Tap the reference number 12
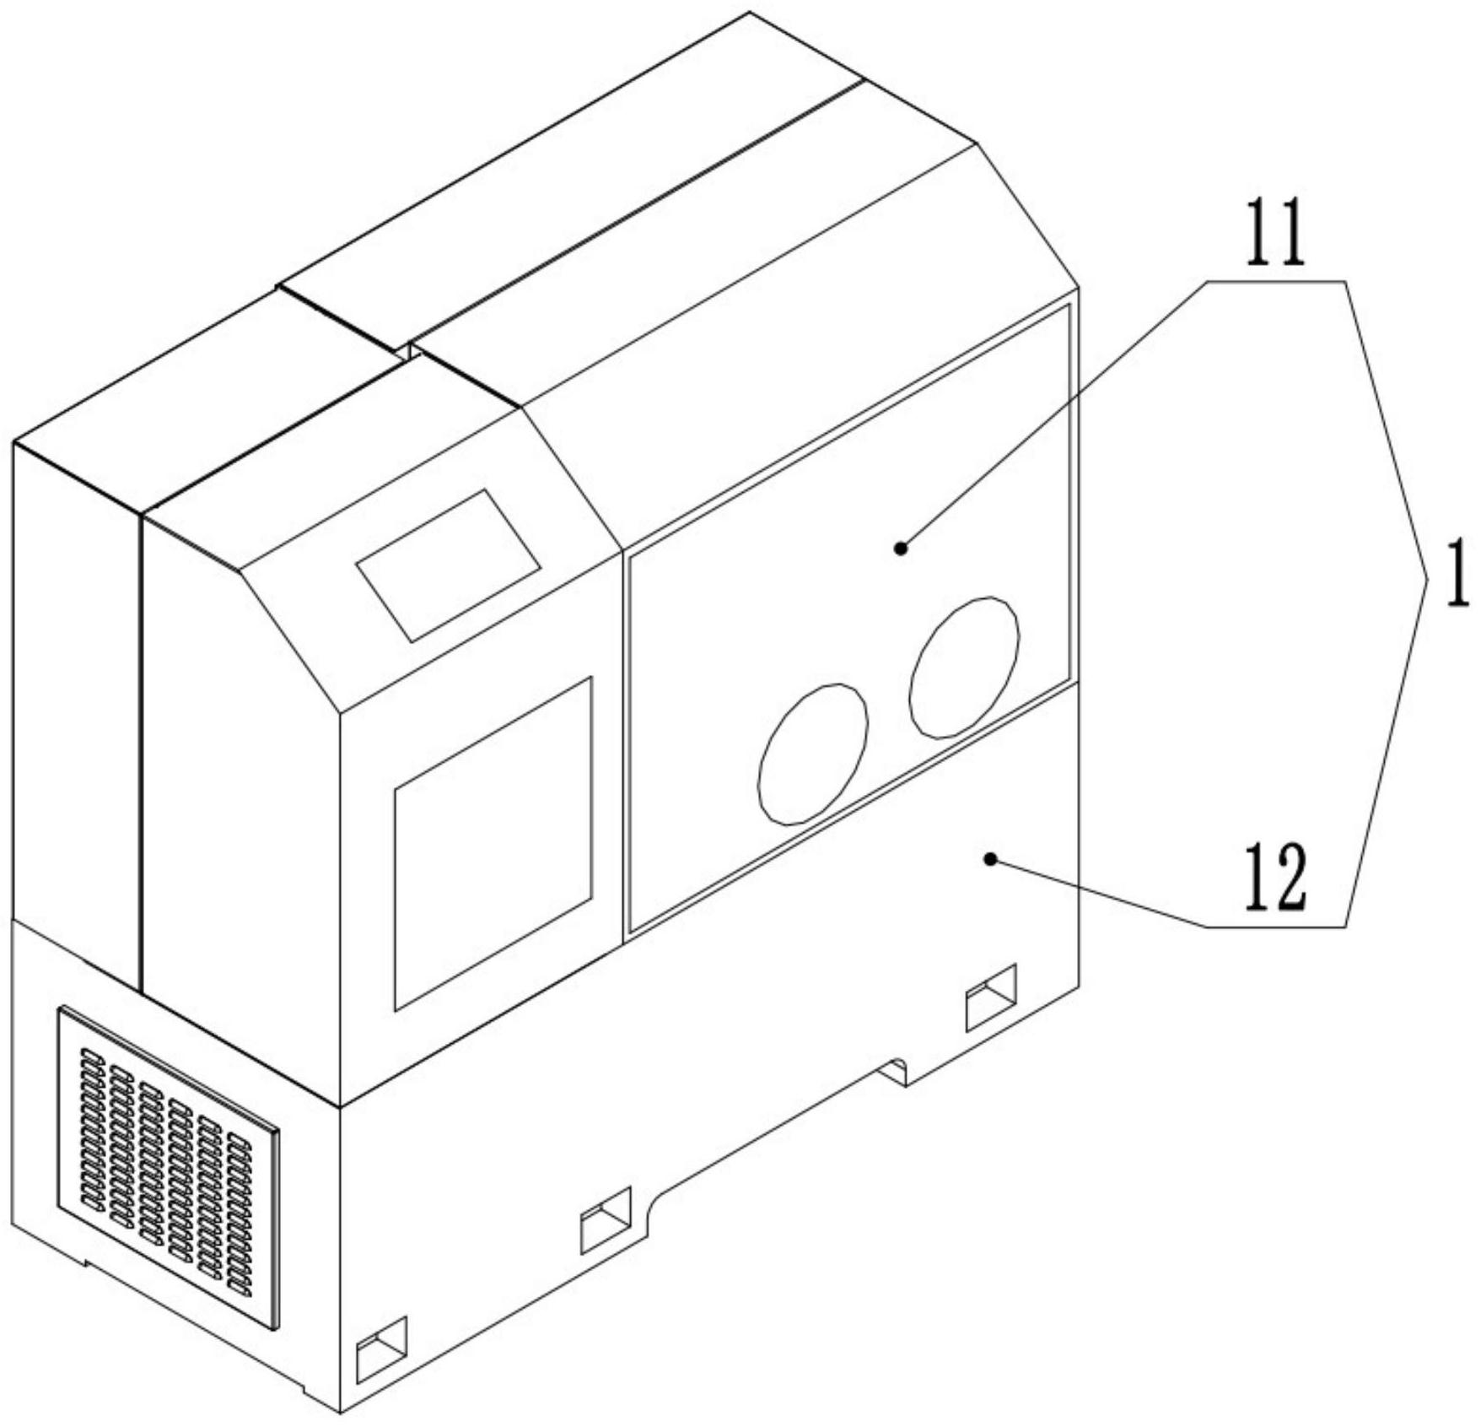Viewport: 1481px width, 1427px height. click(1274, 878)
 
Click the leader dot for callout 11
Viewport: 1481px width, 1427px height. click(901, 549)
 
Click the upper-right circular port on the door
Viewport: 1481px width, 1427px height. click(963, 668)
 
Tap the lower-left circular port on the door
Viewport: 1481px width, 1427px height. click(813, 754)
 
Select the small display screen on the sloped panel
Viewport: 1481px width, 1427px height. click(448, 565)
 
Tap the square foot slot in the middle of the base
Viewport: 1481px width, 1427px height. click(606, 1219)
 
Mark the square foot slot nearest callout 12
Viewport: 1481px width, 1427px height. click(990, 997)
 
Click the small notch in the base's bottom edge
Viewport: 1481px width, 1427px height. click(894, 1070)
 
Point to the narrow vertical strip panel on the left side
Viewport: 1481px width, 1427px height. click(76, 709)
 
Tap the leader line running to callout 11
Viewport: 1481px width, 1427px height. click(1054, 414)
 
